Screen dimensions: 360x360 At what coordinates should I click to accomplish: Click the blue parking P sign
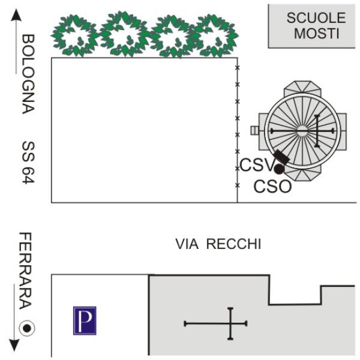85,320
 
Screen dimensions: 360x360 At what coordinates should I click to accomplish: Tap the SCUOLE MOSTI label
316,25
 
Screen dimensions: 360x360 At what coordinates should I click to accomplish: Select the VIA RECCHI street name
218,244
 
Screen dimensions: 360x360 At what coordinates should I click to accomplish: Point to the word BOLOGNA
28,74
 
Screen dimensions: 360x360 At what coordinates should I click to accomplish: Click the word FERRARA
25,271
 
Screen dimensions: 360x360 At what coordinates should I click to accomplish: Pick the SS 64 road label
28,163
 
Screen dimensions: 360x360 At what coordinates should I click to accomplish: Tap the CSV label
257,165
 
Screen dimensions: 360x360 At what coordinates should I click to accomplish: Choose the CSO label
273,186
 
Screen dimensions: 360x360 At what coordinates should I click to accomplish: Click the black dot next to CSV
279,169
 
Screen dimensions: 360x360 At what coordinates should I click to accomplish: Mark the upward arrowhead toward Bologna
16,15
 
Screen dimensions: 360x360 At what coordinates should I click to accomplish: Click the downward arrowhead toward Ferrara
14,345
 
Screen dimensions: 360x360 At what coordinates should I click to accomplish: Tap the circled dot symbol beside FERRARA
27,328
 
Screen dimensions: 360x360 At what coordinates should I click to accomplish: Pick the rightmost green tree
214,35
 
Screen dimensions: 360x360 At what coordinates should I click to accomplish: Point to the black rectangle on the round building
282,157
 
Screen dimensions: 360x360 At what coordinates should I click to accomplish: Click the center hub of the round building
302,131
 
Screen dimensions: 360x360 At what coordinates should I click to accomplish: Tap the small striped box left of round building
254,130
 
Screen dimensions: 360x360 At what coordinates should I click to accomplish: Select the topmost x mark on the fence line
238,67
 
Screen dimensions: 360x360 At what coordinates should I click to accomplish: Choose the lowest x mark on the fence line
238,185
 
